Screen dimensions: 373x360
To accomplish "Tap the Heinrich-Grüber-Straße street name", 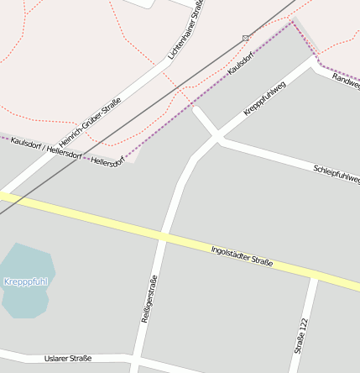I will [90, 123].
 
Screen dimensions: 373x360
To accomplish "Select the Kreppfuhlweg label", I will [264, 99].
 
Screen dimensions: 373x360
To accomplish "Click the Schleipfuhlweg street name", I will [336, 174].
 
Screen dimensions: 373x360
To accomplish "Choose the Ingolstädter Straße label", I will [242, 255].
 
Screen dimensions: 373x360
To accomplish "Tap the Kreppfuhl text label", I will [25, 281].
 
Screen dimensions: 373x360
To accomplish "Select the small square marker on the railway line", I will [245, 38].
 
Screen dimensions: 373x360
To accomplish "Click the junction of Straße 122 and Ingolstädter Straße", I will [314, 276].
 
